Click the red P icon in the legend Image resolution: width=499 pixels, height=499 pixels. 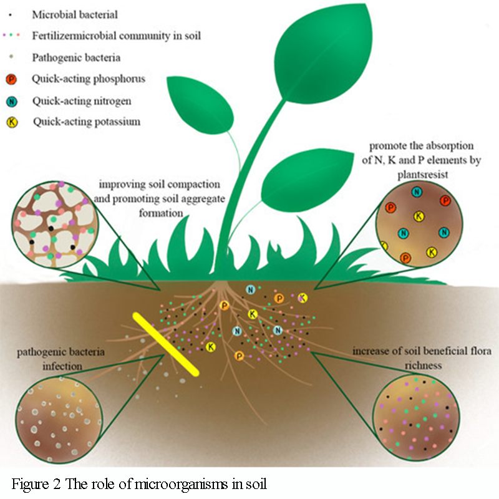[x=11, y=79]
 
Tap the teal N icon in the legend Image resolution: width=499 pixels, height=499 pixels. [x=11, y=100]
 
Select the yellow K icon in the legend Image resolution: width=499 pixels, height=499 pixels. [x=11, y=122]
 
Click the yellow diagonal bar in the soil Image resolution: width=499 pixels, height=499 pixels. [x=166, y=344]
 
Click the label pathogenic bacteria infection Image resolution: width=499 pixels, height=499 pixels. [x=53, y=359]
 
